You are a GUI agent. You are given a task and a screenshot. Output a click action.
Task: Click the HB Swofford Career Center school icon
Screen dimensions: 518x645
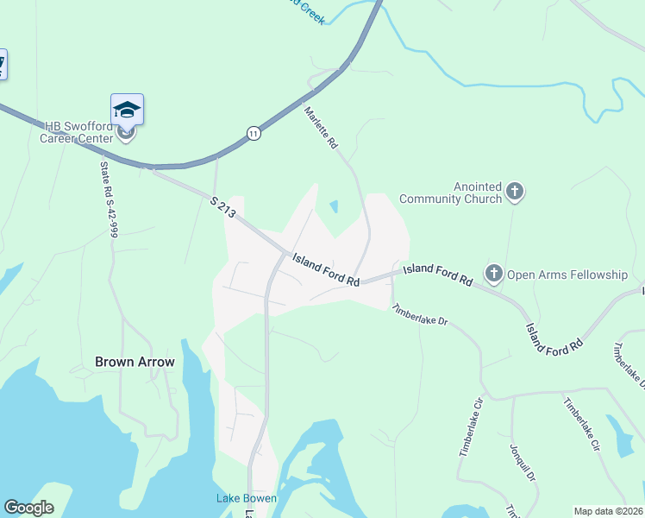[x=127, y=109]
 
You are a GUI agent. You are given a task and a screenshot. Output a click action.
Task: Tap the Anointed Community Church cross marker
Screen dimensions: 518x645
[x=515, y=192]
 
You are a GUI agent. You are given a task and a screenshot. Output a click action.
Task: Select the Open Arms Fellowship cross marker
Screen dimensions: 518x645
[x=494, y=275]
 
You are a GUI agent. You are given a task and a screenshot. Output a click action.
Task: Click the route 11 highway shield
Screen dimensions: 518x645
[x=253, y=133]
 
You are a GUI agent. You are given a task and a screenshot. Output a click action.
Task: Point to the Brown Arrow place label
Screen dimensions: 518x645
[x=135, y=363]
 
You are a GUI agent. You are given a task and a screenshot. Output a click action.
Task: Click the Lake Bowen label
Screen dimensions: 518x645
[x=246, y=498]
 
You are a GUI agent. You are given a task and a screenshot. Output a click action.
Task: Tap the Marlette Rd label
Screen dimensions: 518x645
[x=320, y=128]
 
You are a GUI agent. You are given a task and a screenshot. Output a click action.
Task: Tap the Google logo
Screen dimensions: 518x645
[x=29, y=508]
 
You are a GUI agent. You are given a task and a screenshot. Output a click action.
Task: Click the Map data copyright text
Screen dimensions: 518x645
[x=608, y=511]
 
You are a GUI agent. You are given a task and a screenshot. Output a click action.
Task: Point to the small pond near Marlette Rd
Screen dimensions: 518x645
[x=334, y=207]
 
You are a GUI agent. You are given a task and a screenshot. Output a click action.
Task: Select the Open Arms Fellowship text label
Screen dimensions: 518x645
[x=567, y=275]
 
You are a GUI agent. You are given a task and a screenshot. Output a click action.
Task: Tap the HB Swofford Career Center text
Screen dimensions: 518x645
[x=78, y=132]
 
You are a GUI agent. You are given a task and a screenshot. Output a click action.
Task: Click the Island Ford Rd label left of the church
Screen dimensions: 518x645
[x=325, y=269]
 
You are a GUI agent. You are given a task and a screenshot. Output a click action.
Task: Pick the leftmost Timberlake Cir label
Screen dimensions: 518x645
[x=468, y=427]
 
